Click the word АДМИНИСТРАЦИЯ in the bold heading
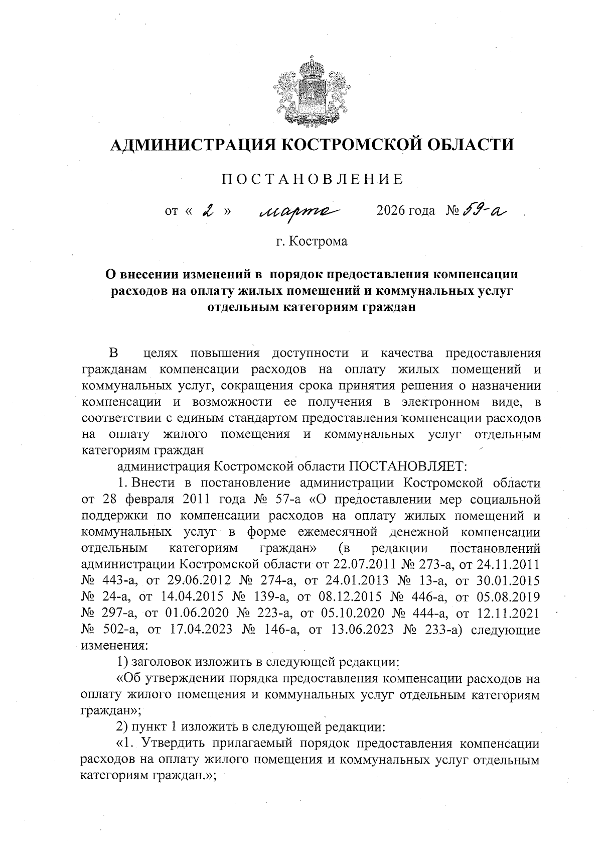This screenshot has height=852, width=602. click(192, 146)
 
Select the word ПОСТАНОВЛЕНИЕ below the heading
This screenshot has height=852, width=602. click(313, 179)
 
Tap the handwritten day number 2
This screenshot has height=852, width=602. click(207, 211)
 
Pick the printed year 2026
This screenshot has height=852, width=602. click(390, 211)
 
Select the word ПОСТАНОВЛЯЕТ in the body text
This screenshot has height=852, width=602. click(408, 466)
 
